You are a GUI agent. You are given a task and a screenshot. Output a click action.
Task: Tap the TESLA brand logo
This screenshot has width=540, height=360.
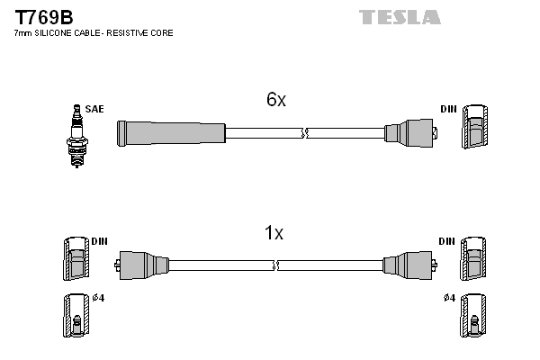tap(400, 17)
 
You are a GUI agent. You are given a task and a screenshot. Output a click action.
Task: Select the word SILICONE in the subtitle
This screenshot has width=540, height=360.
tap(60, 33)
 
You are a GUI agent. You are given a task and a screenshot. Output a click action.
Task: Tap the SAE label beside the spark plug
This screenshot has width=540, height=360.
tap(94, 109)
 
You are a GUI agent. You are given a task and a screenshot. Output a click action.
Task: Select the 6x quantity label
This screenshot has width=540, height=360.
tap(275, 101)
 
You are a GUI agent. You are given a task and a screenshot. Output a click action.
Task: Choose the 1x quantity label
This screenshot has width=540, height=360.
tap(274, 234)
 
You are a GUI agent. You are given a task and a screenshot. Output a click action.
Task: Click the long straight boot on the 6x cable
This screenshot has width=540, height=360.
tap(171, 133)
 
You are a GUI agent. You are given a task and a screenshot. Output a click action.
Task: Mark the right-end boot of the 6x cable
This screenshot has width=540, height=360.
tap(410, 133)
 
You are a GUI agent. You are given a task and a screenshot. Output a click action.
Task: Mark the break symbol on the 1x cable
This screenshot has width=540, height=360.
tap(275, 265)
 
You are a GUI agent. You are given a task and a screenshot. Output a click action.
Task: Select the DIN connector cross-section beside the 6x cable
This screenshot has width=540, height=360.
tap(474, 127)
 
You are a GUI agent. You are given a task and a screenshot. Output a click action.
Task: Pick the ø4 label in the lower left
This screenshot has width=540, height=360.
tap(98, 298)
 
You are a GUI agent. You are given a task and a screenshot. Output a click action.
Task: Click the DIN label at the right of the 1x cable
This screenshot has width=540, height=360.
tap(447, 242)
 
